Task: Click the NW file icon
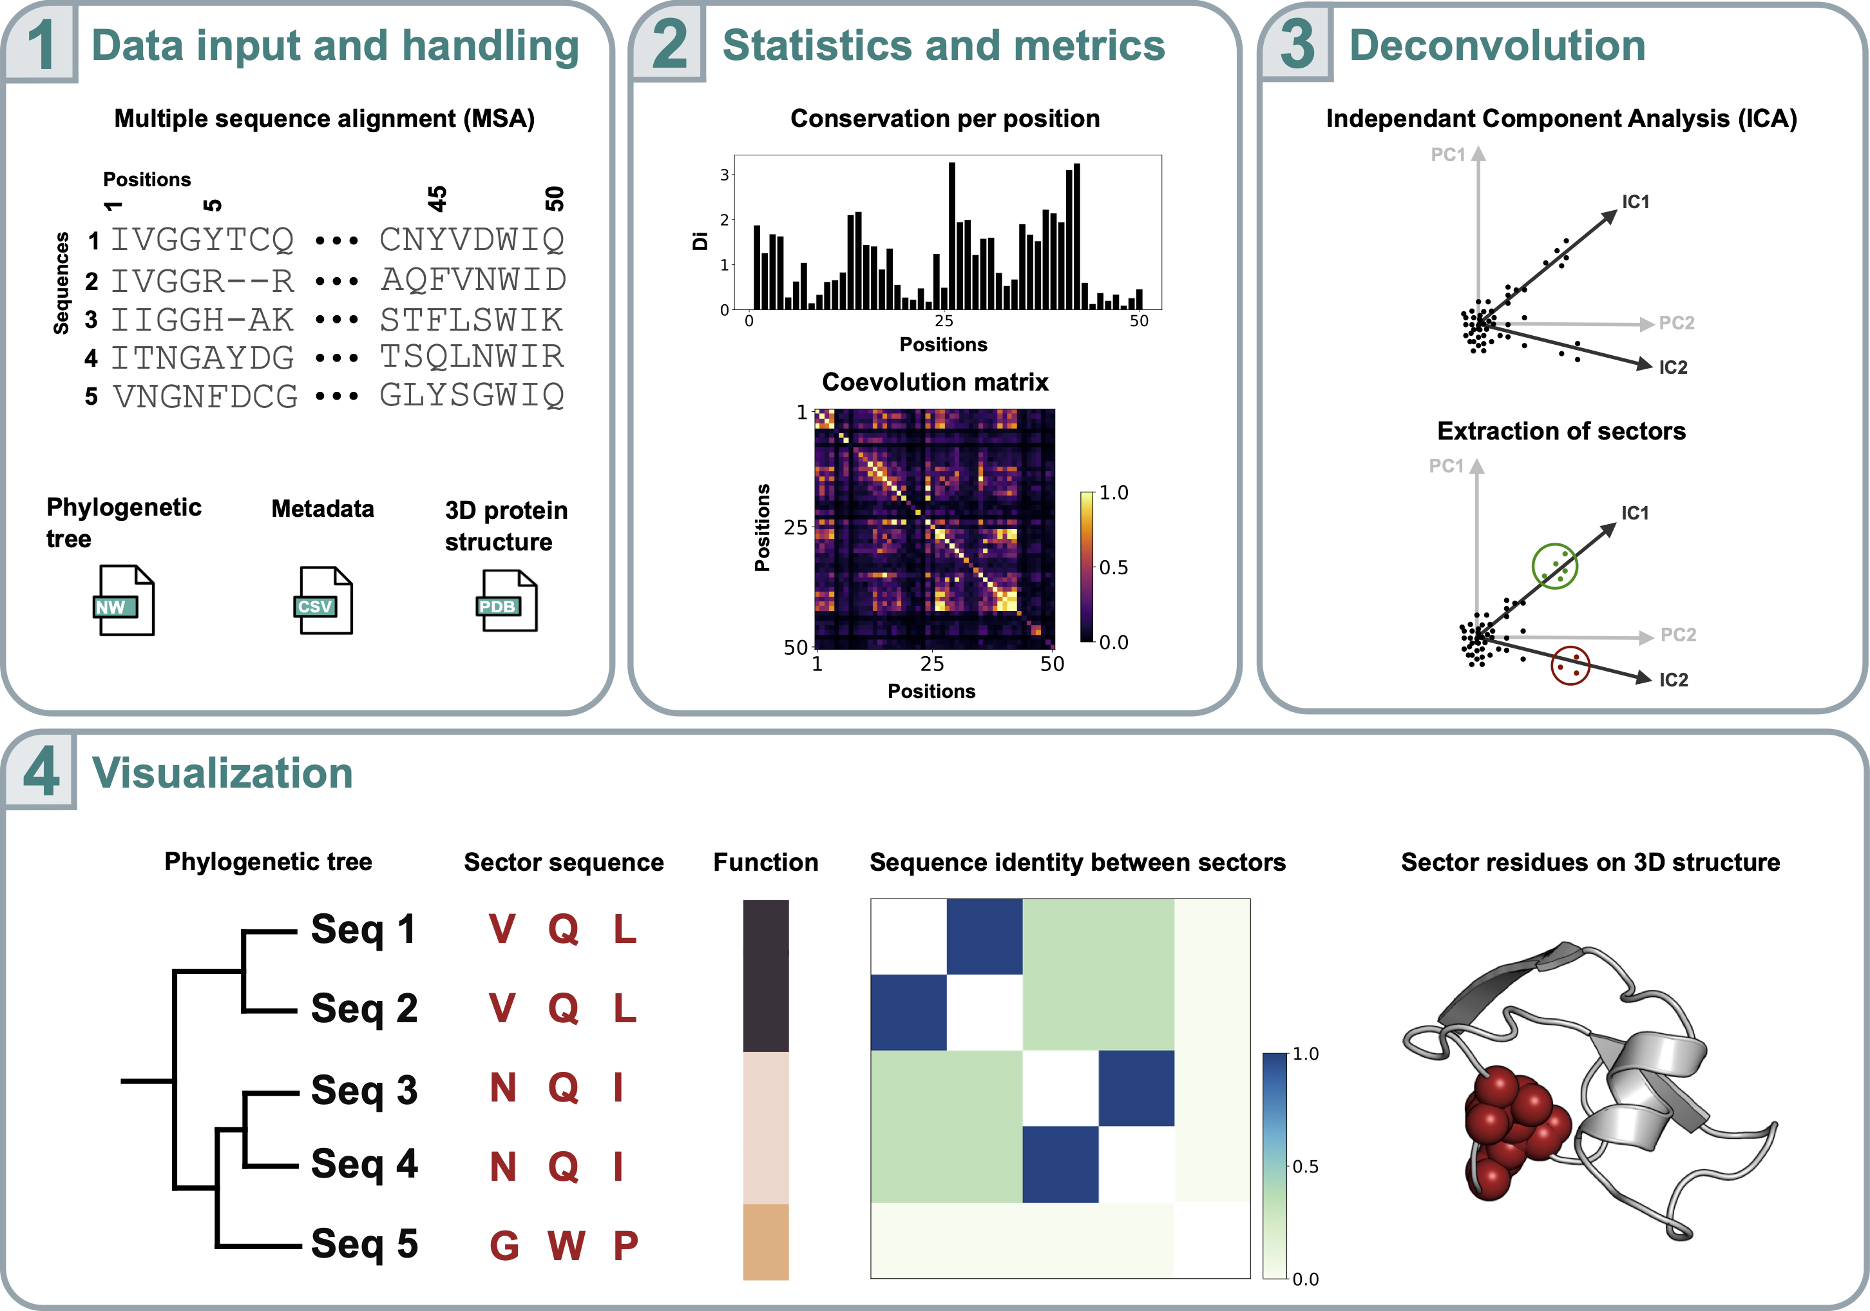point(123,601)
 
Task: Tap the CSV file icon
point(323,601)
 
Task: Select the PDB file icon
point(506,601)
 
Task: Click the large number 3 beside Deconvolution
point(1297,45)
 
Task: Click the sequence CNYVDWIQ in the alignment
point(472,240)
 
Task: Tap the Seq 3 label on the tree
point(364,1089)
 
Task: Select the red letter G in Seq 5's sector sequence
point(504,1245)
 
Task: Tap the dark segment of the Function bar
point(766,975)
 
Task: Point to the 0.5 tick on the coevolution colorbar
point(1113,567)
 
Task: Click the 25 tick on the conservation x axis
point(943,321)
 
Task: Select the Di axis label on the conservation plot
point(700,240)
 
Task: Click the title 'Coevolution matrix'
point(935,382)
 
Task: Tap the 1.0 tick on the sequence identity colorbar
point(1305,1054)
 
